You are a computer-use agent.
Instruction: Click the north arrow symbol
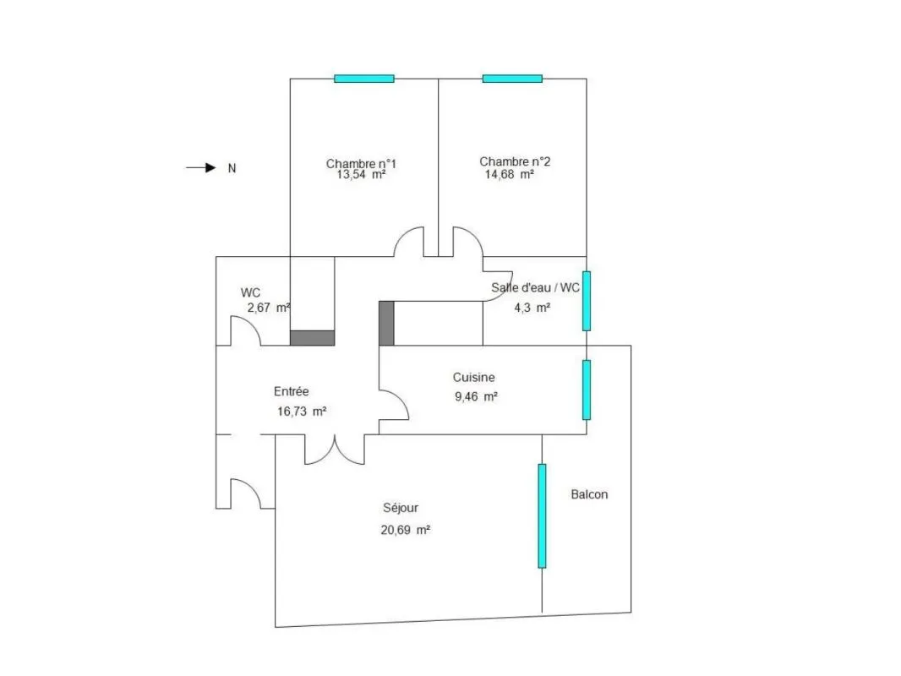201,167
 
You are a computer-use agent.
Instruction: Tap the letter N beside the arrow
232,168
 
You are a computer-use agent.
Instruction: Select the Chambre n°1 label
361,164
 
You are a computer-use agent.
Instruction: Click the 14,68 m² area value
509,175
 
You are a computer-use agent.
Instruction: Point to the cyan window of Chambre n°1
364,79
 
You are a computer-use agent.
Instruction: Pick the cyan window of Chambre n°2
512,79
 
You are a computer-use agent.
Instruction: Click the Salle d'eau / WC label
535,288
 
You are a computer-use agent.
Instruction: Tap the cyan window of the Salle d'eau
587,301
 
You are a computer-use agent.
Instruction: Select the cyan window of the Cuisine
587,390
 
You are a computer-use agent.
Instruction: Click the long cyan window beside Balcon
542,515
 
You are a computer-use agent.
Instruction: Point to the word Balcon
589,494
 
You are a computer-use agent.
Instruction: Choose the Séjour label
401,509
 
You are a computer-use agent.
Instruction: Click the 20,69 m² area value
405,530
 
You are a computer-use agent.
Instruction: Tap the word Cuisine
473,378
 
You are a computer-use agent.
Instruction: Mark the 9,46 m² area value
476,397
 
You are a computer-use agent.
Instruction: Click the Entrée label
292,392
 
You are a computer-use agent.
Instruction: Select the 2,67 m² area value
268,308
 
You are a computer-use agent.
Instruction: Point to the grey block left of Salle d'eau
387,324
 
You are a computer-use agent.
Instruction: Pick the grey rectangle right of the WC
312,338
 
